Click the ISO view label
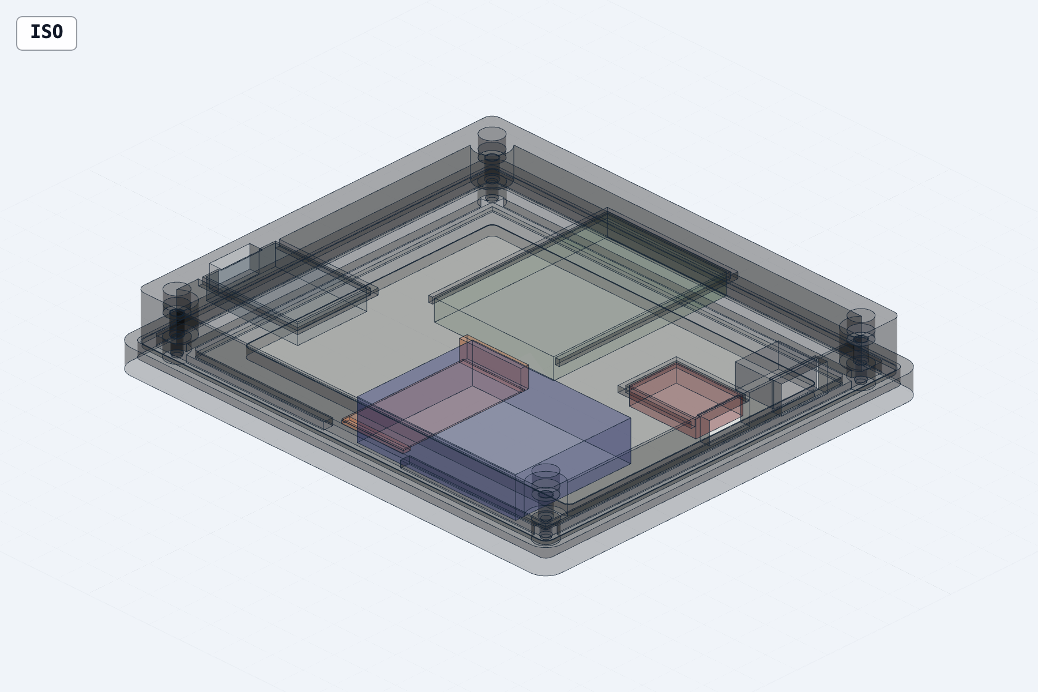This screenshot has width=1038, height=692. pos(47,33)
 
